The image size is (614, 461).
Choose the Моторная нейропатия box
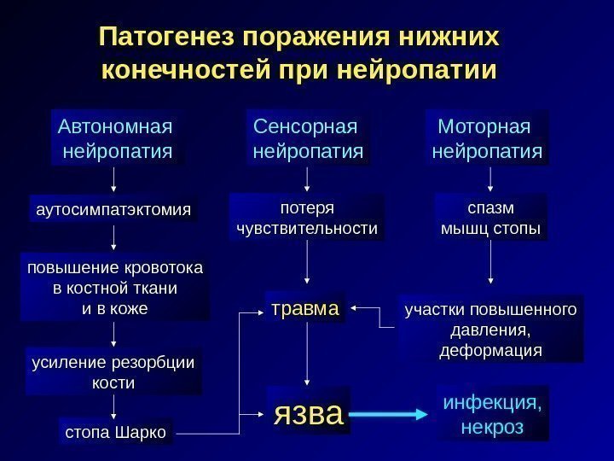[487, 139]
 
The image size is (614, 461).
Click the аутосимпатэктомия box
[111, 209]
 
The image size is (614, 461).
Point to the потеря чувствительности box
[307, 219]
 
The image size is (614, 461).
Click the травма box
[305, 308]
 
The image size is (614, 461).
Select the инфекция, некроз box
[493, 413]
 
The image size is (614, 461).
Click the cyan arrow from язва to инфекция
[388, 415]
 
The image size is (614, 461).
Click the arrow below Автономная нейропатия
[114, 179]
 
